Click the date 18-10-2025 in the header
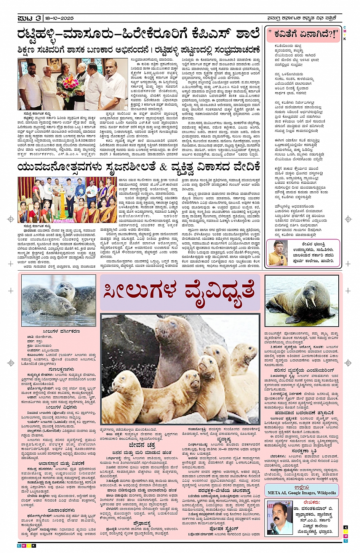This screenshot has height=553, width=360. click(59, 18)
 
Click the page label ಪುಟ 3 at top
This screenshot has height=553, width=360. click(29, 18)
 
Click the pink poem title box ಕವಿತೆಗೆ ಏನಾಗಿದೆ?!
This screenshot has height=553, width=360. click(303, 35)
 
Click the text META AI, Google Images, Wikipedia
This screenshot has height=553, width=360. click(302, 493)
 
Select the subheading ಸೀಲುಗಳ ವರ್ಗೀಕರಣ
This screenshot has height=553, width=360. click(61, 331)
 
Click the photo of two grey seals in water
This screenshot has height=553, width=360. click(59, 301)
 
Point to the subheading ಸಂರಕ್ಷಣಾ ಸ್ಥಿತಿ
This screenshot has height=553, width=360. click(302, 451)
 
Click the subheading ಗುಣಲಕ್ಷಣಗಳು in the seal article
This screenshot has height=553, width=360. click(61, 369)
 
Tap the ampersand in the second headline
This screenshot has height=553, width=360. click(163, 167)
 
